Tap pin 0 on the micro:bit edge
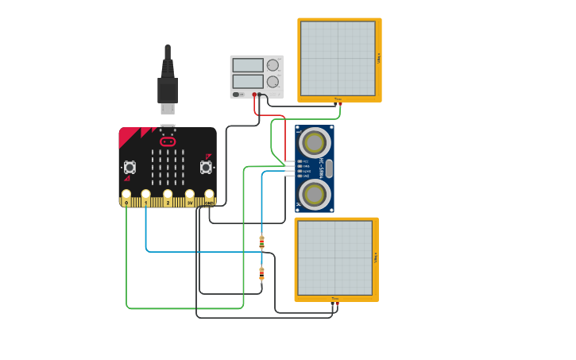(126, 195)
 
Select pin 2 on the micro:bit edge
(168, 195)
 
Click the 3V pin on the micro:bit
(190, 195)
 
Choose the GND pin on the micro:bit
(209, 195)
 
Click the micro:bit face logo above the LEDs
(168, 141)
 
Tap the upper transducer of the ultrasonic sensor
(315, 143)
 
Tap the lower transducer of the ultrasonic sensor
(315, 194)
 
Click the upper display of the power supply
(248, 65)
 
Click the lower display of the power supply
(248, 81)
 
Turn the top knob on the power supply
(273, 65)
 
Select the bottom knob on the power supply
(273, 81)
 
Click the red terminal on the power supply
(254, 95)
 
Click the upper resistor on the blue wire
(261, 242)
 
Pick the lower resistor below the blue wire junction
(261, 273)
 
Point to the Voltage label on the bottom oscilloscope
(375, 257)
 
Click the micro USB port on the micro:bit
(168, 126)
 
